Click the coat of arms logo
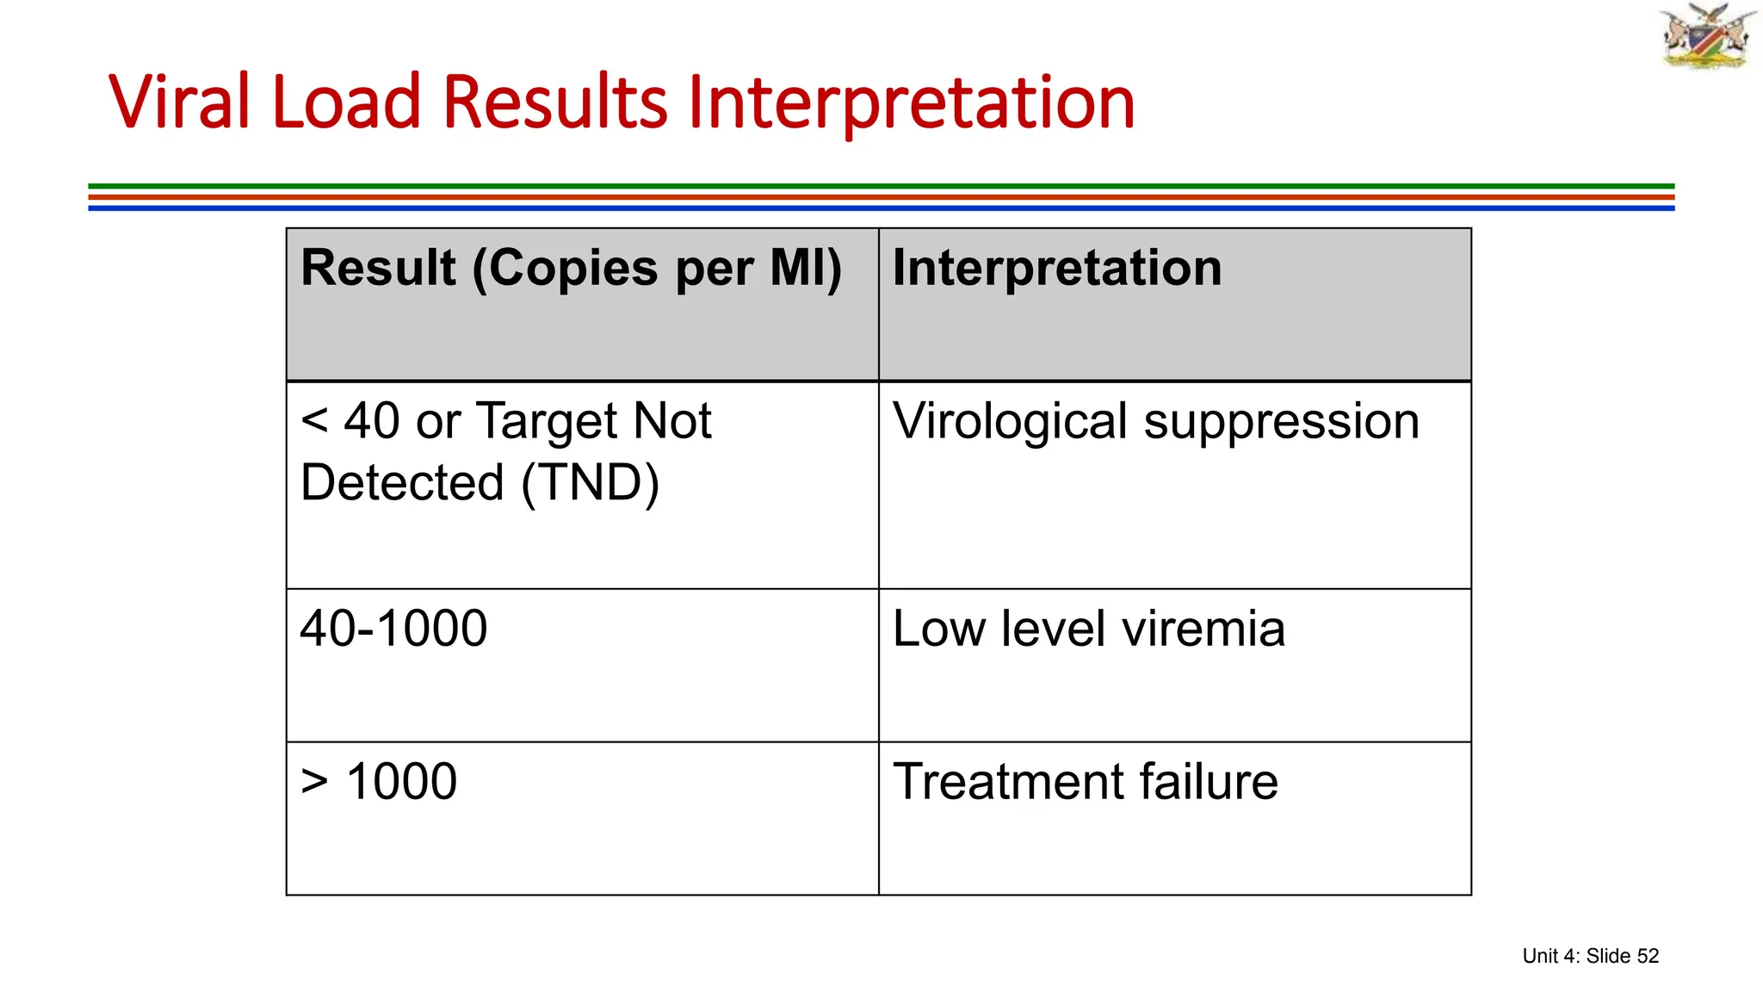1707,36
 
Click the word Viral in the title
179,102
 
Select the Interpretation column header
1057,268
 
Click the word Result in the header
378,268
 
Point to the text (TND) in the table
591,482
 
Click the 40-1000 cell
393,629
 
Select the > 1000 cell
379,782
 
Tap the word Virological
1010,422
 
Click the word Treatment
1008,782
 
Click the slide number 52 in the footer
1648,956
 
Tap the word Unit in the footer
1539,956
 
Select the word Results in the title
554,102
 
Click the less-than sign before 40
314,422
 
